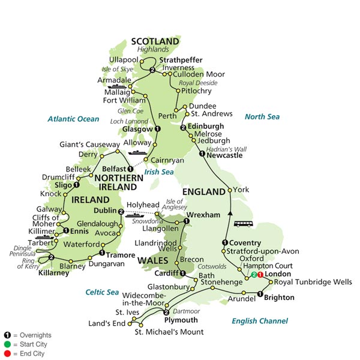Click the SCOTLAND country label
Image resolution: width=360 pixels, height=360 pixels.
155,41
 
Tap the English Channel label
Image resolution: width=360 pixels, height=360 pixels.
260,321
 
